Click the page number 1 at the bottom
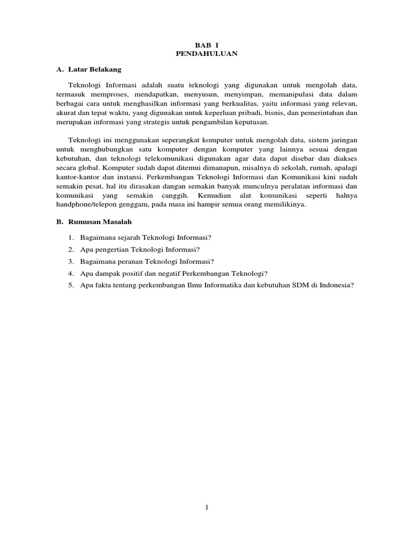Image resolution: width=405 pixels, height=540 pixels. coord(207,508)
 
